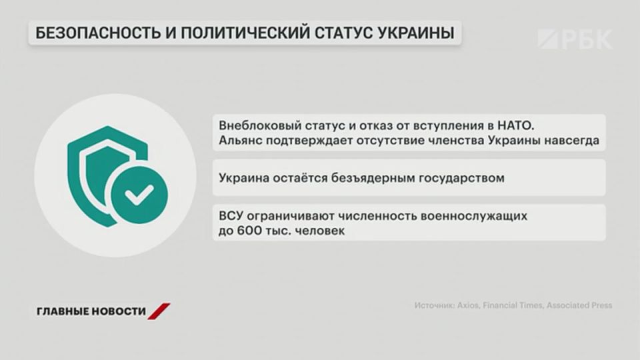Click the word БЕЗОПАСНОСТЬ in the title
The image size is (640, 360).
(x=98, y=33)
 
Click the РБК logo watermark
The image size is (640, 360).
(x=575, y=39)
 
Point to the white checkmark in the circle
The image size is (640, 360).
(x=139, y=195)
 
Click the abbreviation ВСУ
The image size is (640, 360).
(x=231, y=215)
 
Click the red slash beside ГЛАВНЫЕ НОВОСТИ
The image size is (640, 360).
(x=159, y=311)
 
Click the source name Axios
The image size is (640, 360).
(x=468, y=305)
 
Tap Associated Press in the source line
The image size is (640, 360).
(x=579, y=305)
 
